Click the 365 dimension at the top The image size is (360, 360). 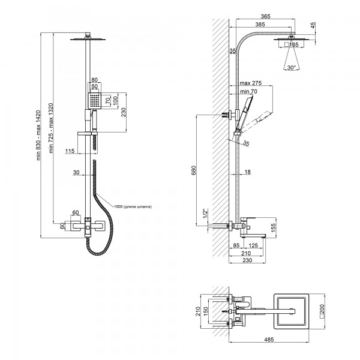pyautogui.click(x=266, y=16)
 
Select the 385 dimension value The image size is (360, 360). pyautogui.click(x=260, y=24)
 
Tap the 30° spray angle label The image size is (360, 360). pyautogui.click(x=292, y=68)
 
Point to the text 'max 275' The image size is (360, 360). pyautogui.click(x=250, y=83)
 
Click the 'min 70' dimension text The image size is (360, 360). pyautogui.click(x=248, y=91)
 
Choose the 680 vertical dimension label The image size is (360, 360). pyautogui.click(x=194, y=170)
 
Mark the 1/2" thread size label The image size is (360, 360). pyautogui.click(x=205, y=214)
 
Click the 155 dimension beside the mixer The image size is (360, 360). pyautogui.click(x=273, y=228)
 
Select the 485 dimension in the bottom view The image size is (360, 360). pyautogui.click(x=269, y=339)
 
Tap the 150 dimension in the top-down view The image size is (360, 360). pyautogui.click(x=206, y=311)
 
